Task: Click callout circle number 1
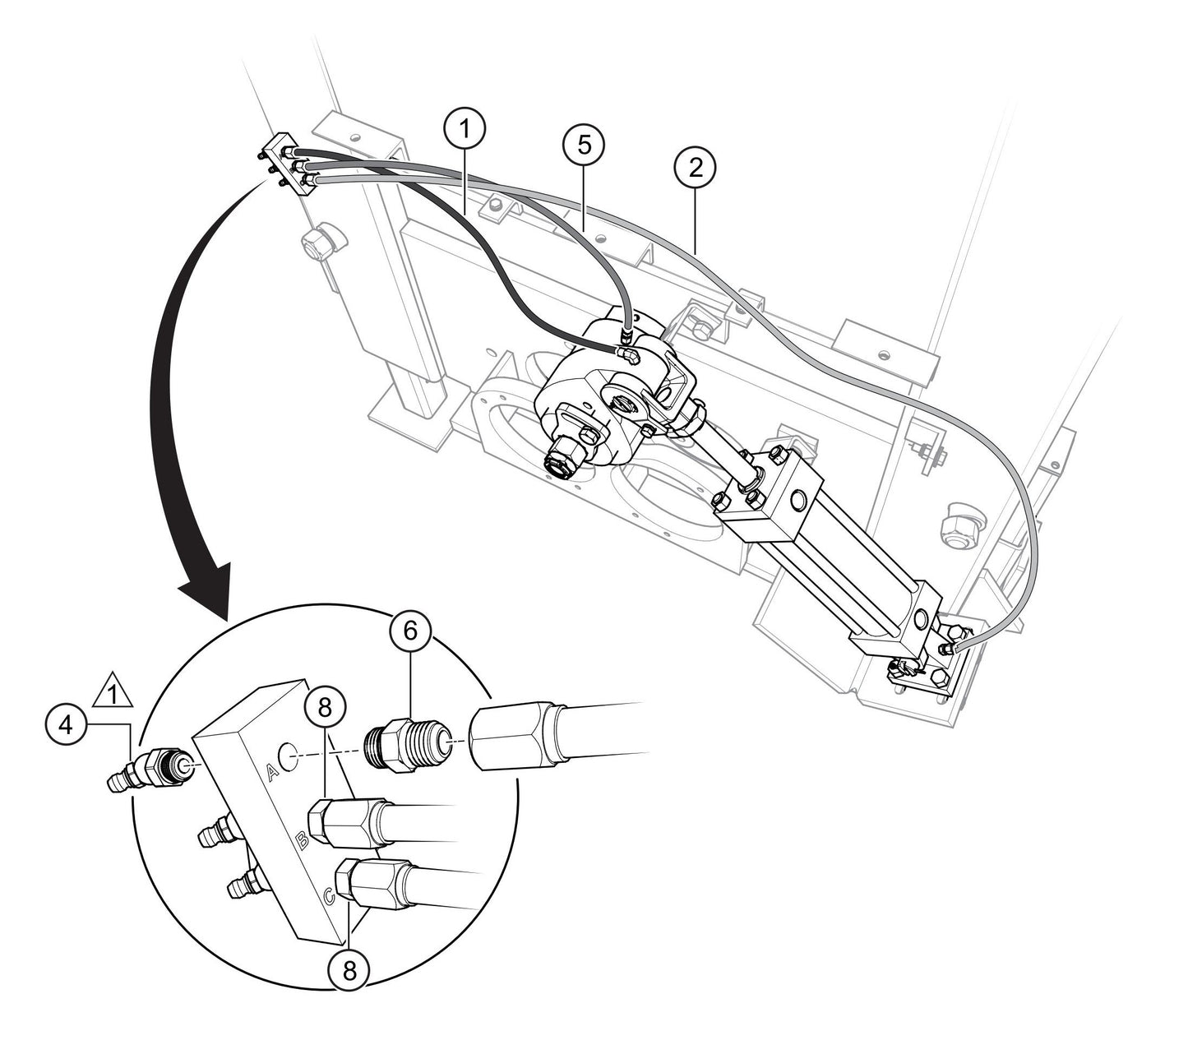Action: click(x=465, y=128)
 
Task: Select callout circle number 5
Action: click(x=584, y=145)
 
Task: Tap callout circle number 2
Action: click(x=695, y=168)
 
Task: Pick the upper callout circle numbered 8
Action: click(x=326, y=706)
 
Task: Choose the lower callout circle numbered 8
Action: click(x=349, y=971)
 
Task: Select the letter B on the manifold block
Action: click(x=302, y=840)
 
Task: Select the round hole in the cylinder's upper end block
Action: click(x=797, y=499)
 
